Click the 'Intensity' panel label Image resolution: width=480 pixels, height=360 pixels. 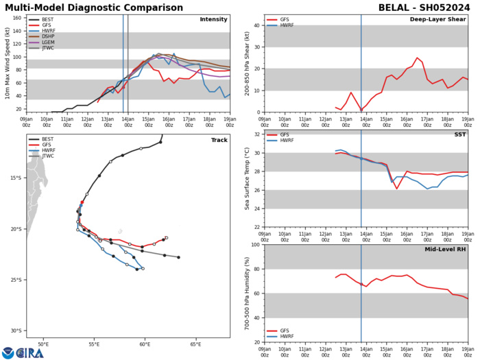click(213, 19)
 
